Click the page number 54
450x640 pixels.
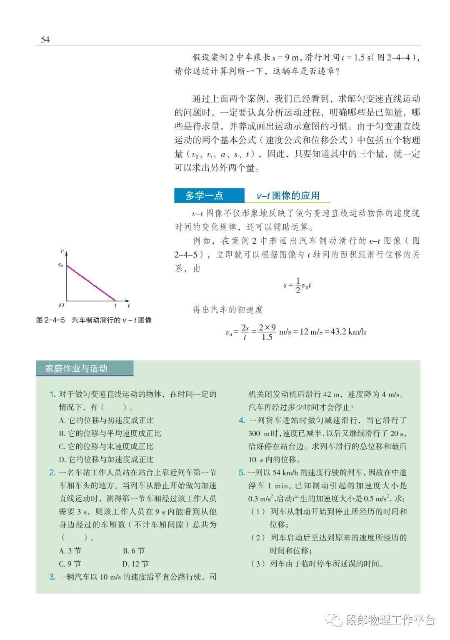[x=45, y=40]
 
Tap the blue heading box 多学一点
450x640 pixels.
[x=205, y=195]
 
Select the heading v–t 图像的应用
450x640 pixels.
[x=288, y=195]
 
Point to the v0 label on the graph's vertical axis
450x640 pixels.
[x=61, y=265]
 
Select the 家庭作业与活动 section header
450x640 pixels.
[x=77, y=368]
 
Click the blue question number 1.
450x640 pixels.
[x=52, y=394]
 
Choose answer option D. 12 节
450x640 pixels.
[x=135, y=564]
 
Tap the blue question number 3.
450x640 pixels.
[x=52, y=577]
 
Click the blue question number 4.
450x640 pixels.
[x=242, y=420]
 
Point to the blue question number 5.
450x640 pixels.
[x=242, y=472]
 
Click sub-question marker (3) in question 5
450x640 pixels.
[x=258, y=564]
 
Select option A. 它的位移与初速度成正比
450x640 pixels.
[x=106, y=420]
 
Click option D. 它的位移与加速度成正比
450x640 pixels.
[x=106, y=460]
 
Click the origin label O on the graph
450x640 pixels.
[x=61, y=305]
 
